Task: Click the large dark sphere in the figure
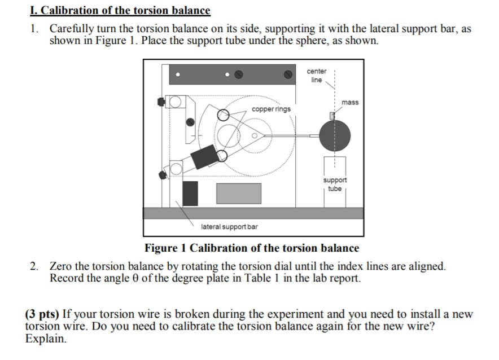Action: [334, 135]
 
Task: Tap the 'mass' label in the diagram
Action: [350, 102]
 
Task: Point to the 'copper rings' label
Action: [272, 109]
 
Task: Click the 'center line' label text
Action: [316, 76]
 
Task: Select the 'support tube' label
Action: [335, 184]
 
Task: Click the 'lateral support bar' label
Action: [229, 226]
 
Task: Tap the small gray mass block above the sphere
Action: [332, 116]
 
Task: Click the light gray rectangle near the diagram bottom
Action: [239, 193]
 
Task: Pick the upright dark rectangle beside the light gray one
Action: [190, 193]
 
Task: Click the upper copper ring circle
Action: [224, 115]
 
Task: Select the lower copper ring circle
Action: [222, 155]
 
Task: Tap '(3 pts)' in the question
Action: [43, 314]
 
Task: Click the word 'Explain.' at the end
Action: [46, 339]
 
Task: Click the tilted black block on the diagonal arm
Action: [204, 156]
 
